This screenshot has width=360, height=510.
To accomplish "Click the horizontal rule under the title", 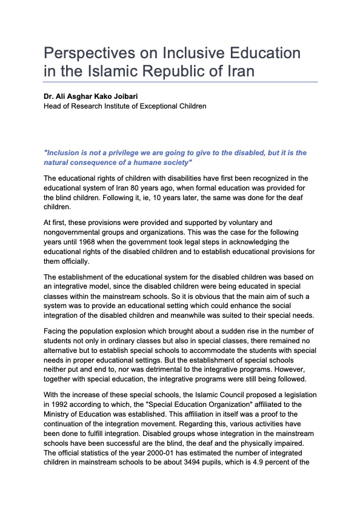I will [x=180, y=82].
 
